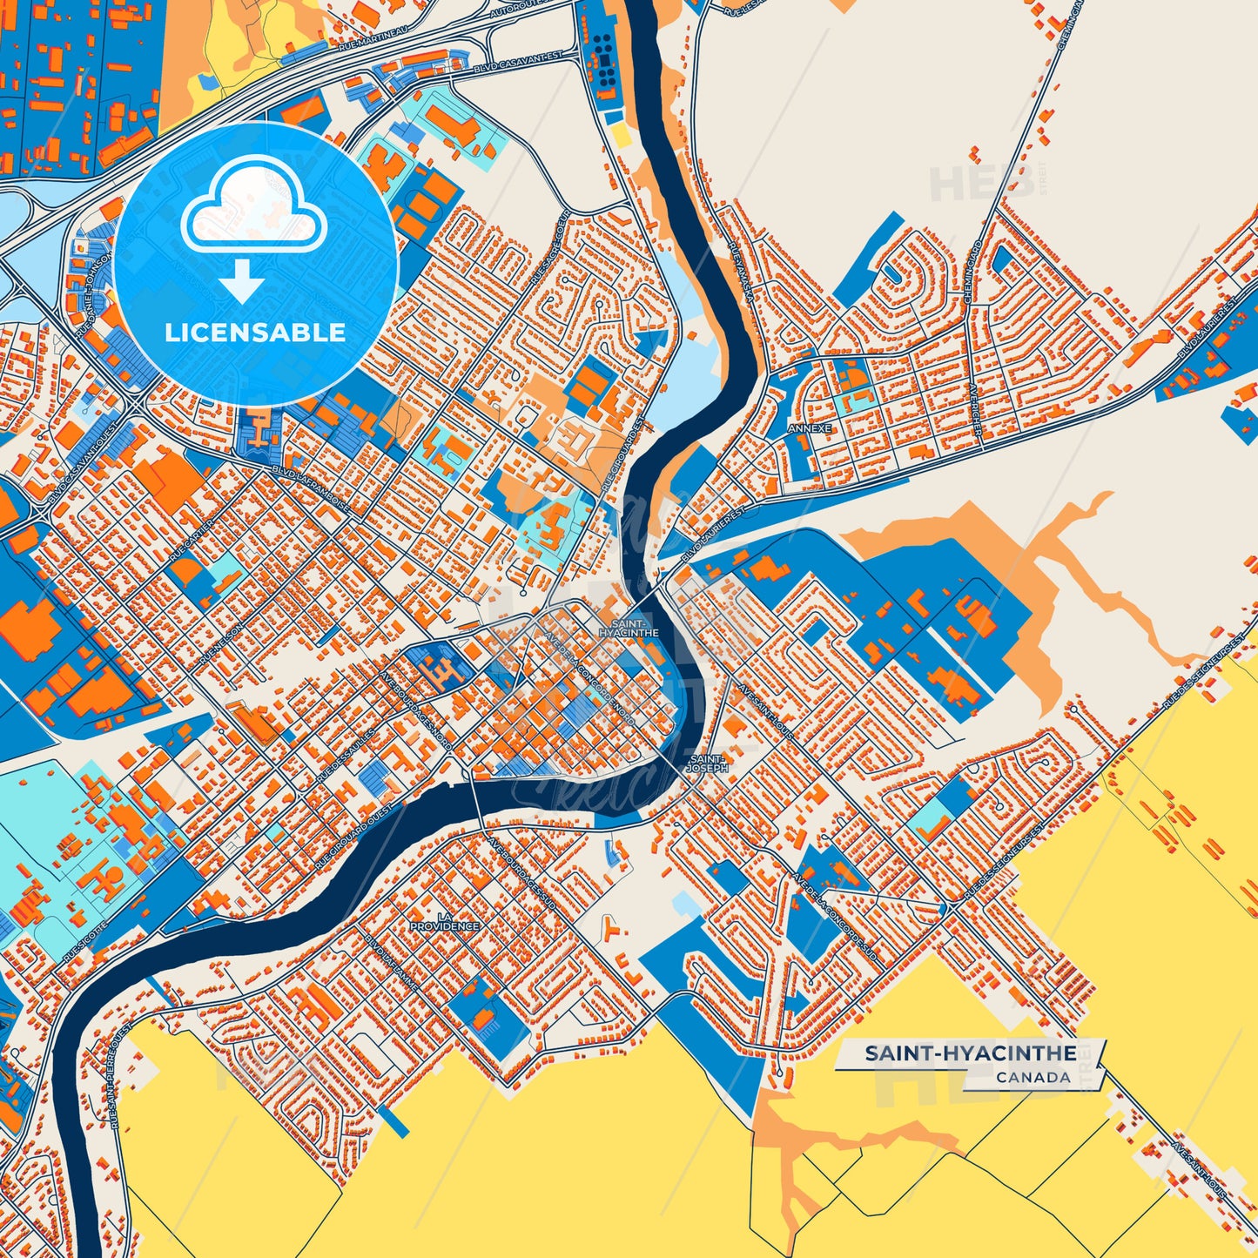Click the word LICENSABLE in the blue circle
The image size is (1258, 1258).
click(255, 333)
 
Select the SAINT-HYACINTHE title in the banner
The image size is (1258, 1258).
click(970, 1053)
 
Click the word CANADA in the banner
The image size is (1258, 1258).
click(1033, 1077)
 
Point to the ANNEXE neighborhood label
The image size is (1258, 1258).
click(810, 429)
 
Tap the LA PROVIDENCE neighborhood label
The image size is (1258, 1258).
click(445, 921)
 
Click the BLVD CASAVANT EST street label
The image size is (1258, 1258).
click(518, 62)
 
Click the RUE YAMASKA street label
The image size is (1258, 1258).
click(741, 272)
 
